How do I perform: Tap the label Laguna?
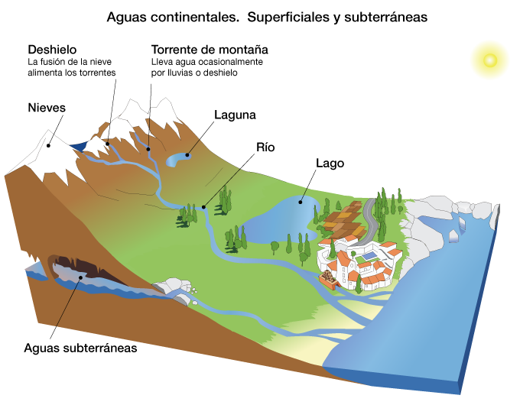pyautogui.click(x=234, y=115)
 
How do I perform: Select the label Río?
pyautogui.click(x=265, y=147)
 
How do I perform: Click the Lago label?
pyautogui.click(x=330, y=164)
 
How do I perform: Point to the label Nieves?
pyautogui.click(x=46, y=107)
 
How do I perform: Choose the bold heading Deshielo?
pyautogui.click(x=51, y=49)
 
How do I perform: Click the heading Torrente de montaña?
pyautogui.click(x=205, y=49)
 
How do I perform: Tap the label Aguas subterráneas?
pyautogui.click(x=80, y=348)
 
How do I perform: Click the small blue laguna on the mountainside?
pyautogui.click(x=178, y=159)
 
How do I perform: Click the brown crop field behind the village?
pyautogui.click(x=344, y=219)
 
